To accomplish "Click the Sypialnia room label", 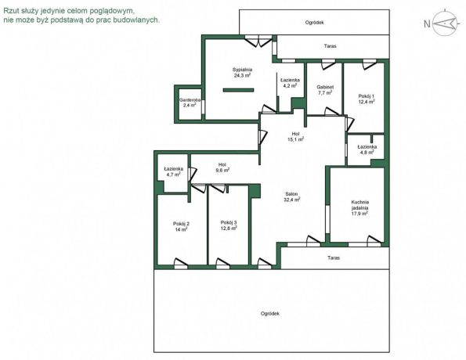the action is (242, 73).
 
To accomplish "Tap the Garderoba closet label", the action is (190, 103).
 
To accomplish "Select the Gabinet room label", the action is (325, 90).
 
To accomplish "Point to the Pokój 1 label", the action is (367, 99).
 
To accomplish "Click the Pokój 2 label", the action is (181, 227).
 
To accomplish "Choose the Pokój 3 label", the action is (229, 225).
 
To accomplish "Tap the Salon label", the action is (291, 197).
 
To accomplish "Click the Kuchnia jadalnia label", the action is (359, 207).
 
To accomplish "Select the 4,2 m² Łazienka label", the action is (290, 83).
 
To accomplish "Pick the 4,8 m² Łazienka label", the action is (367, 149).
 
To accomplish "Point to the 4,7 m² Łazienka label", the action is (173, 171).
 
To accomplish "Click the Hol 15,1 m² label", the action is (295, 136).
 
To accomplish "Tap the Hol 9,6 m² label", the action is (222, 167).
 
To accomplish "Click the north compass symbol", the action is (445, 23).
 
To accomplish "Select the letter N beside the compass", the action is (427, 23).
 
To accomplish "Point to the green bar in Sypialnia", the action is (238, 90).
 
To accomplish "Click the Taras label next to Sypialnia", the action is (330, 46).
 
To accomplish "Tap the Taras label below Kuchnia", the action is (334, 257).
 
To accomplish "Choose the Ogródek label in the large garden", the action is (270, 313).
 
